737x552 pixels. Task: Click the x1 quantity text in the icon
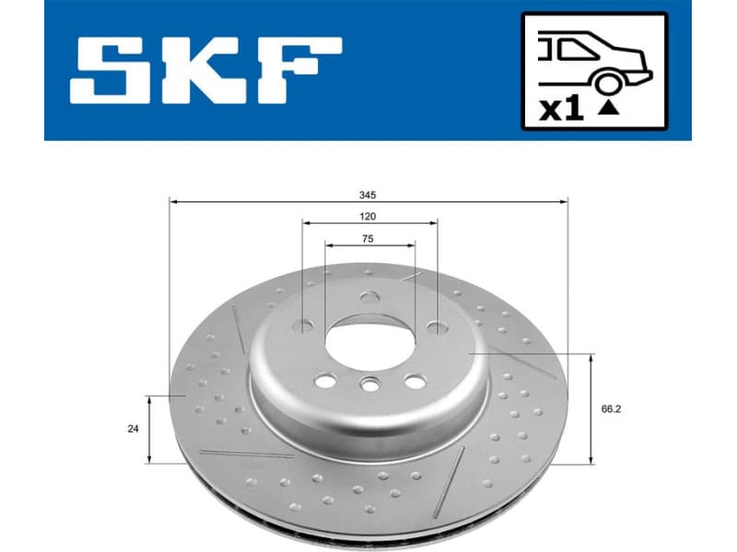561,109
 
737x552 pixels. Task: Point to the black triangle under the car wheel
607,108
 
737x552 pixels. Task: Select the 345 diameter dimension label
368,194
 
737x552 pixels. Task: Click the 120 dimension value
368,216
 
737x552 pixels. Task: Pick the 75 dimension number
368,238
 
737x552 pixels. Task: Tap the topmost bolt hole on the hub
369,297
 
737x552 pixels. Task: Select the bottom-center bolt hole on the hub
369,386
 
